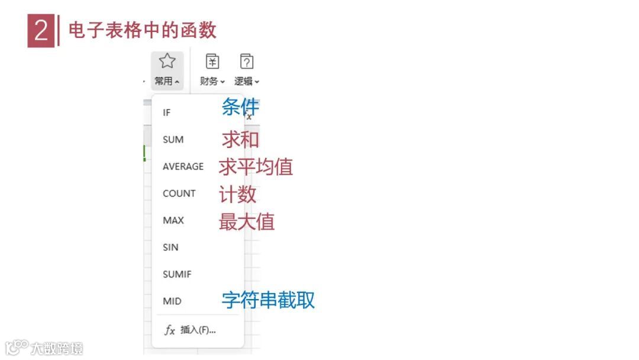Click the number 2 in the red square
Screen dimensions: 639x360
pos(41,31)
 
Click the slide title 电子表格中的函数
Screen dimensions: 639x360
pos(143,30)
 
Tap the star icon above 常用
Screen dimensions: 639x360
pos(167,61)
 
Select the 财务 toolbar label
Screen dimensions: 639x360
pos(209,81)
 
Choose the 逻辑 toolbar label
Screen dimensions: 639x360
pos(244,81)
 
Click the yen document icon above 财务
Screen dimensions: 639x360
pos(212,61)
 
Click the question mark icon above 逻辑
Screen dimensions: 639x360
pos(247,61)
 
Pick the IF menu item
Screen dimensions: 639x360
pos(167,112)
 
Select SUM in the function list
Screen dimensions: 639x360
pos(173,140)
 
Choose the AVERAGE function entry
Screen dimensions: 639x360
pos(183,166)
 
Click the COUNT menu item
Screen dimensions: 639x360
pos(179,194)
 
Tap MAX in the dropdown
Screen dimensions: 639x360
pos(173,220)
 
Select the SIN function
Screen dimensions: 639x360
pos(170,247)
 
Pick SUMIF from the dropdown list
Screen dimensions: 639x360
pos(177,274)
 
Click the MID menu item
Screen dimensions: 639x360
pos(172,301)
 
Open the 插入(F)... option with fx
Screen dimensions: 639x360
pos(191,330)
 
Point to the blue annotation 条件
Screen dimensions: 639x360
pos(240,107)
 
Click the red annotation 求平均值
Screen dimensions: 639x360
pos(256,167)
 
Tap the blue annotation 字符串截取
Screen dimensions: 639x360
pos(268,300)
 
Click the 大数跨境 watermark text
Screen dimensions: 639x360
pos(57,348)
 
